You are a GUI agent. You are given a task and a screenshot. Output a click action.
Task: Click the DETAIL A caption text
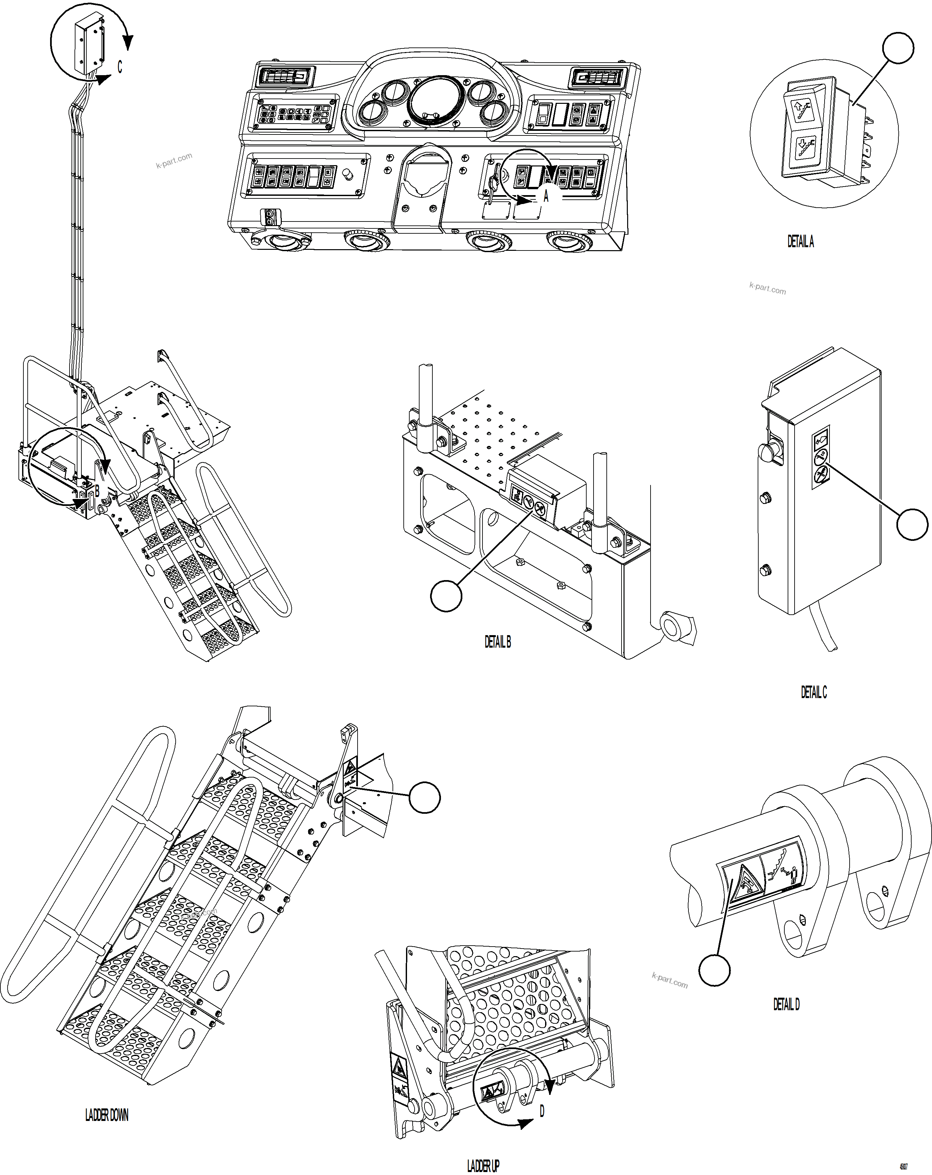point(800,242)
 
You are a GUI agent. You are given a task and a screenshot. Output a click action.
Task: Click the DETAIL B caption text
point(498,642)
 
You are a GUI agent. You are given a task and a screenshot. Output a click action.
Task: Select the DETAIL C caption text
point(813,692)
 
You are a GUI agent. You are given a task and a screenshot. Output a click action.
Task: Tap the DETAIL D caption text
point(786,1004)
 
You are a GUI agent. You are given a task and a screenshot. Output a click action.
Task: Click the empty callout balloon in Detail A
point(898,48)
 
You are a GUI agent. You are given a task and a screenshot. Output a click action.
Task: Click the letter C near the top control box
point(120,67)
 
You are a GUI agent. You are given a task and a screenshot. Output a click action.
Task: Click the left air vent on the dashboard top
point(283,77)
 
